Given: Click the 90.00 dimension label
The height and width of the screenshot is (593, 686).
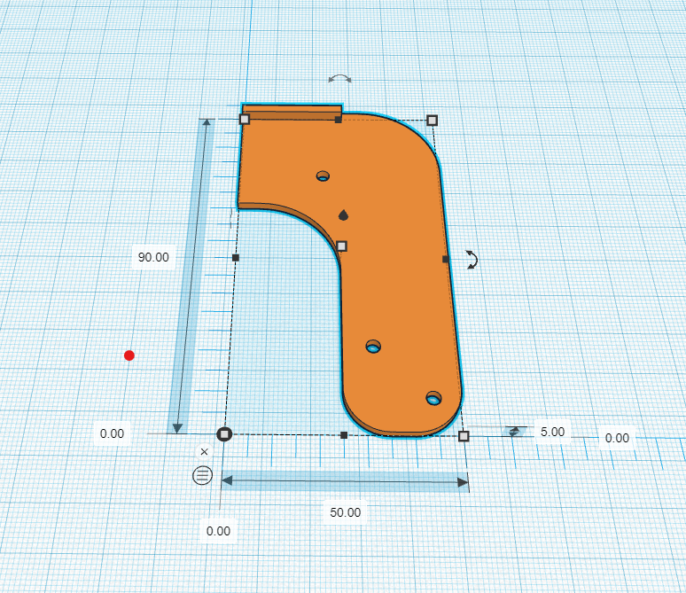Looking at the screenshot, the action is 153,257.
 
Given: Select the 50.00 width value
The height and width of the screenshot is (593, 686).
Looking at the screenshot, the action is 345,512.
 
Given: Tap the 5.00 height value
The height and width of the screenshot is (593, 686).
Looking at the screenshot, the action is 552,432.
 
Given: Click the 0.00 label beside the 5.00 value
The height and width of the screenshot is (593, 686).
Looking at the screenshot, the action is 617,438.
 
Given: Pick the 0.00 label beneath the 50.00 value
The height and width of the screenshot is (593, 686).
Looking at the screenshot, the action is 218,531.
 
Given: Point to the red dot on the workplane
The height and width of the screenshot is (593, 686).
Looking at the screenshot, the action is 129,355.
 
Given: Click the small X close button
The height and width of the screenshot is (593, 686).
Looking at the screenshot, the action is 204,452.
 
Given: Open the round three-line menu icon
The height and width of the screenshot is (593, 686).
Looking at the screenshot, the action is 203,475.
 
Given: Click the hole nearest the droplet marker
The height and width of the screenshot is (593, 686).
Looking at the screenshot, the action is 323,176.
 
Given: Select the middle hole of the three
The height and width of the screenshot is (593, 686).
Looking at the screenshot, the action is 373,347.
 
